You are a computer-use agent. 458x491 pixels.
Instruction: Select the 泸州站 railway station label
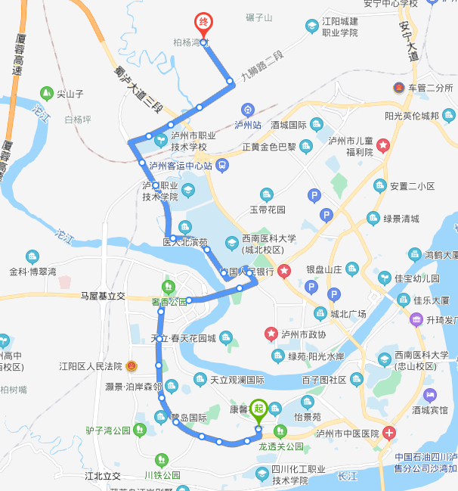tap(247, 125)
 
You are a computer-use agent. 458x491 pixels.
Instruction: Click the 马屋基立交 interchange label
tap(103, 296)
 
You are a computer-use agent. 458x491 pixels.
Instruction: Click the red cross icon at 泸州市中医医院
tap(388, 434)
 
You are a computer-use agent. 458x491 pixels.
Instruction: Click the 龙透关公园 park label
tap(281, 446)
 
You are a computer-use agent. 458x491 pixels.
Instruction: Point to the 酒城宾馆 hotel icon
tap(429, 395)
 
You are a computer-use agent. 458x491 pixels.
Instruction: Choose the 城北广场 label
tap(348, 314)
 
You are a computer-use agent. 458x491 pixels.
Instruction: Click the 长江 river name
tap(348, 476)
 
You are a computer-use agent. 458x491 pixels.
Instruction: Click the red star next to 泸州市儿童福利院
tap(383, 144)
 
